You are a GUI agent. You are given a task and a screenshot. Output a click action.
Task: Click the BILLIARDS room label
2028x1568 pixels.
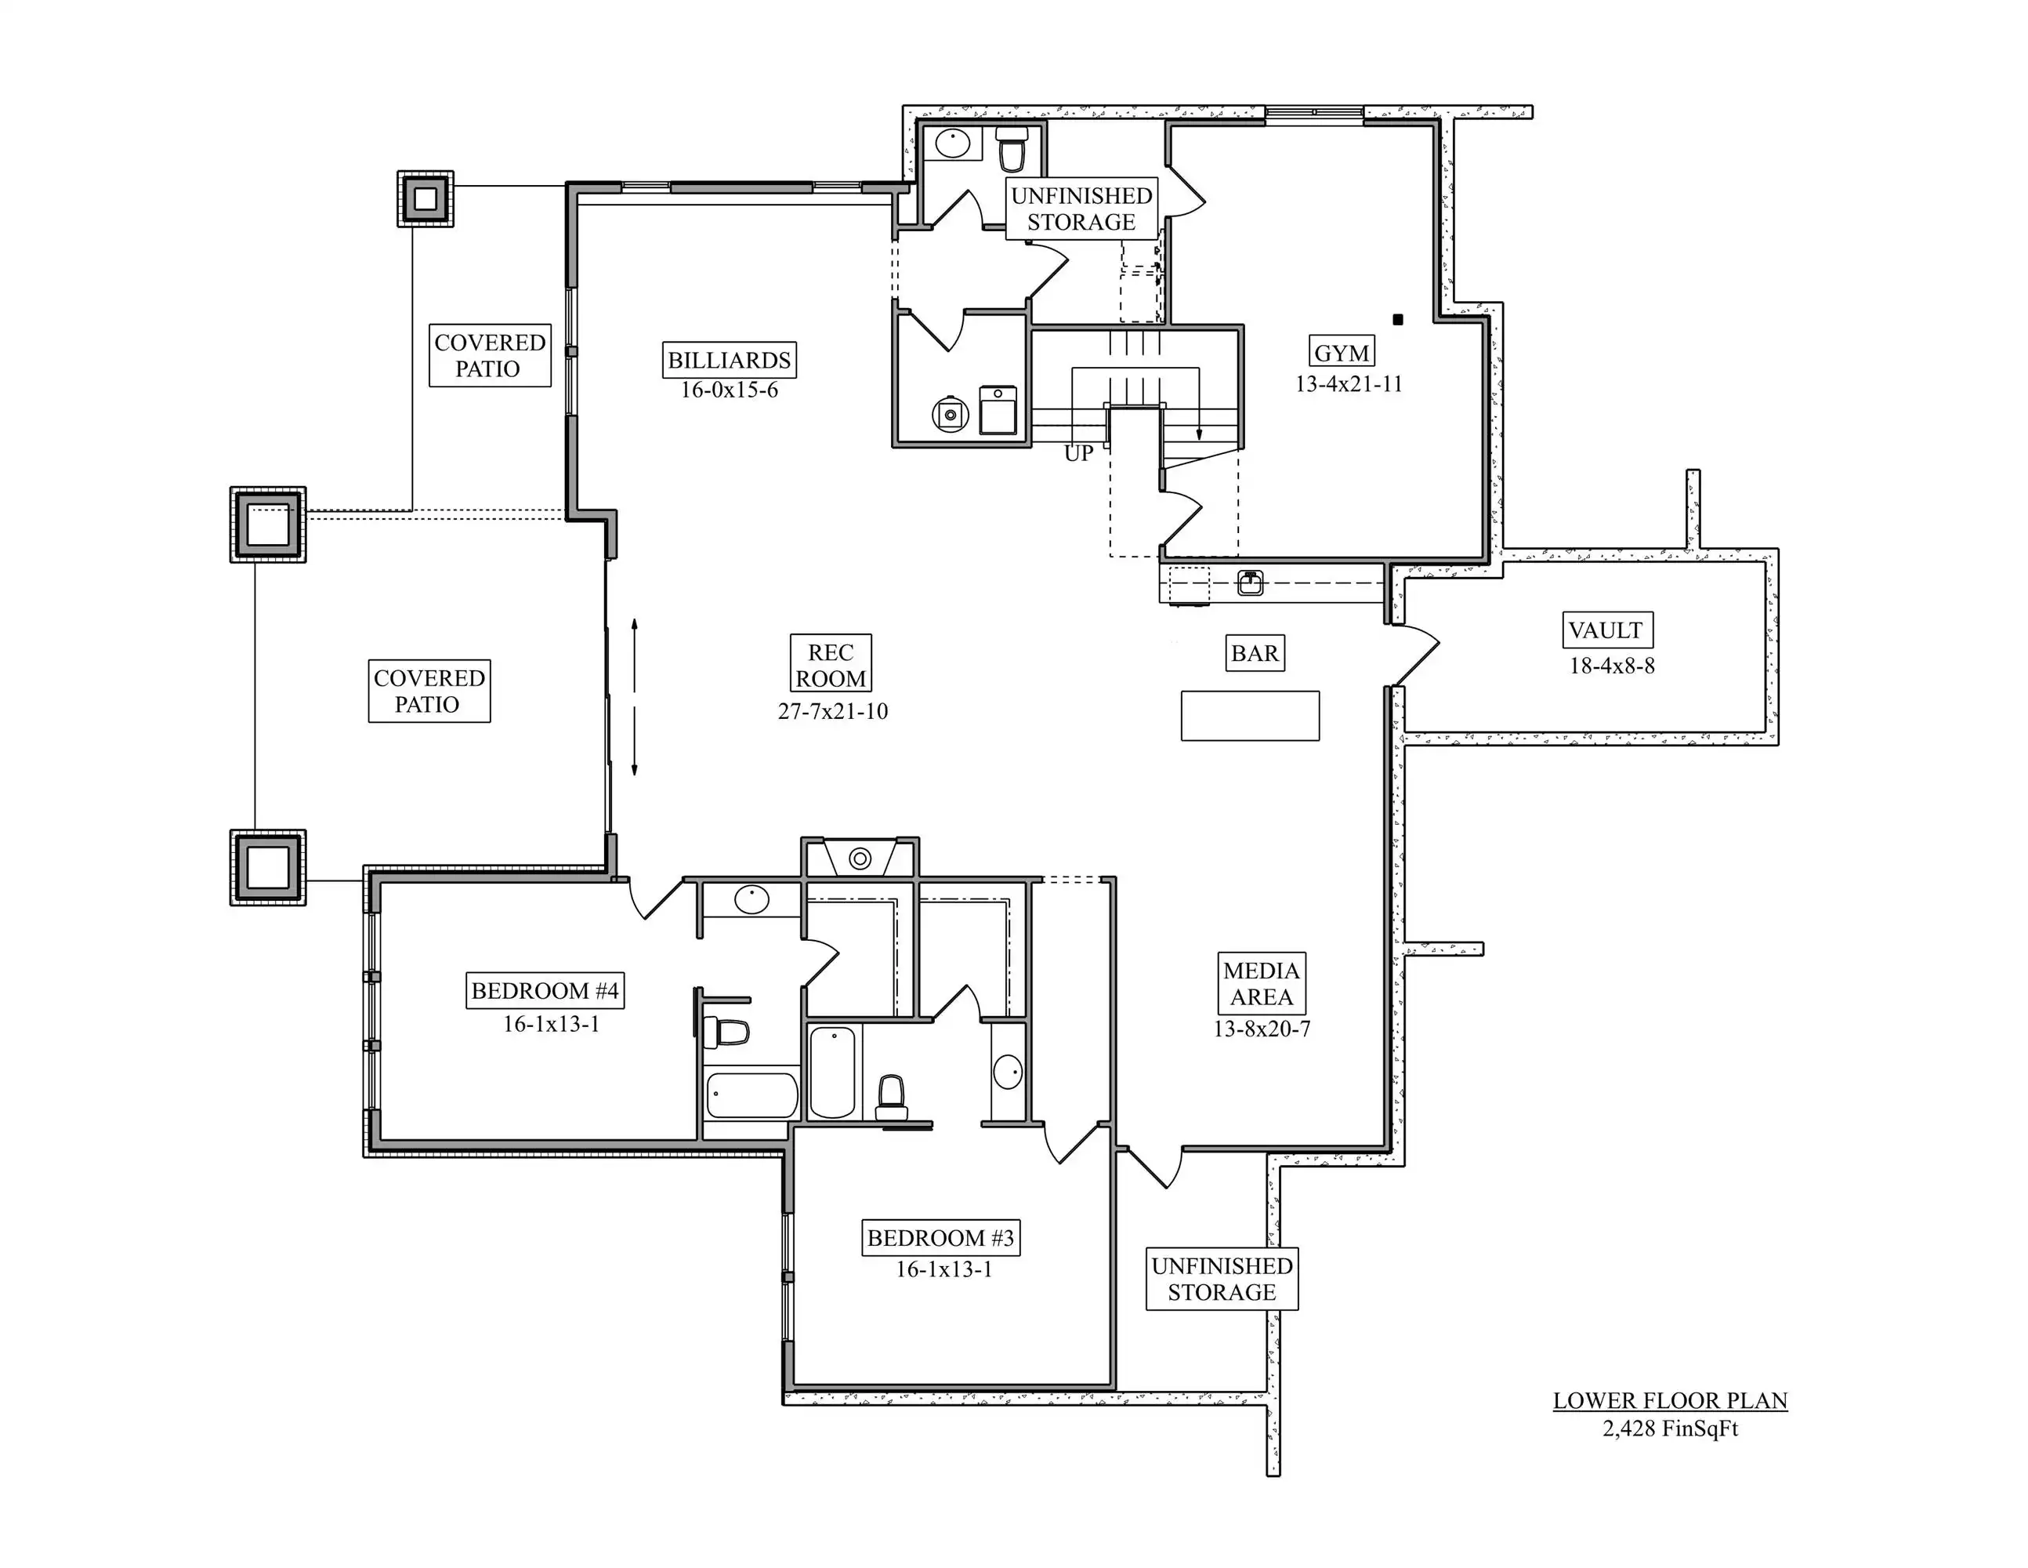[x=729, y=360]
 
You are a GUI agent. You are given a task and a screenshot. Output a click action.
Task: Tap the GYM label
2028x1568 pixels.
[x=1342, y=352]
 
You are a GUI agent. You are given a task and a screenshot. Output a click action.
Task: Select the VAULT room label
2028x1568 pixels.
[x=1606, y=630]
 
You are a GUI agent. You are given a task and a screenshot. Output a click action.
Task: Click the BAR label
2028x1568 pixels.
[x=1255, y=653]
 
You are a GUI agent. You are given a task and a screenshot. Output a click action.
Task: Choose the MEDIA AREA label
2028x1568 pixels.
[x=1261, y=984]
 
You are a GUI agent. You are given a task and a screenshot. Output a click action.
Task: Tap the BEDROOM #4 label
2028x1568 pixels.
[x=544, y=990]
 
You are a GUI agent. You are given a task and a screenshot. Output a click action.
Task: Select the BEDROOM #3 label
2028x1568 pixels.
[x=940, y=1237]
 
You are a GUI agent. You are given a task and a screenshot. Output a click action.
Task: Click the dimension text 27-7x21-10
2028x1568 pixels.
[x=833, y=712]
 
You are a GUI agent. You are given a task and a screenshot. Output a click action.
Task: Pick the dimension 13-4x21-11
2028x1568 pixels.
[x=1349, y=383]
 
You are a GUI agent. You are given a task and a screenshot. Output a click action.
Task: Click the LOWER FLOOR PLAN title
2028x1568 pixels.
[x=1670, y=1401]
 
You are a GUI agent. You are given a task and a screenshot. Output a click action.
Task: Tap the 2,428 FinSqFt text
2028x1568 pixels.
[x=1670, y=1428]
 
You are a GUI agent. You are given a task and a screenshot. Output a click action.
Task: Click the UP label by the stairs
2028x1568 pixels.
[x=1078, y=454]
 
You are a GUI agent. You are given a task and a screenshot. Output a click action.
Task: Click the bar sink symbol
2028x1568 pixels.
[x=1250, y=583]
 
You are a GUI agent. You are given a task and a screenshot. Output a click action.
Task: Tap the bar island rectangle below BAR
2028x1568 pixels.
[x=1250, y=715]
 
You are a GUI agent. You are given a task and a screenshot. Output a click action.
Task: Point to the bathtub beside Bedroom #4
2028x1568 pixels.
[x=752, y=1095]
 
